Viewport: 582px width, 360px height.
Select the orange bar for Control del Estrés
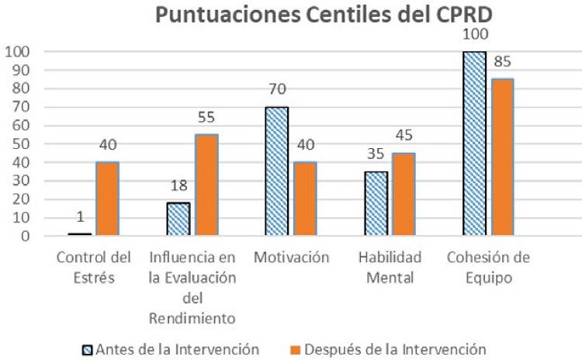tap(107, 199)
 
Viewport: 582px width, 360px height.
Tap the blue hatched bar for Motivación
tap(277, 171)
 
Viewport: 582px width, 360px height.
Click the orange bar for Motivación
tap(304, 199)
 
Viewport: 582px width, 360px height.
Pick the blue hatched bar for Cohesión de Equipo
tap(474, 144)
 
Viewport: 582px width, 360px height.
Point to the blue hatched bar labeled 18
tap(178, 219)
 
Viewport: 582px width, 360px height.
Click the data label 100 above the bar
tap(473, 36)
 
